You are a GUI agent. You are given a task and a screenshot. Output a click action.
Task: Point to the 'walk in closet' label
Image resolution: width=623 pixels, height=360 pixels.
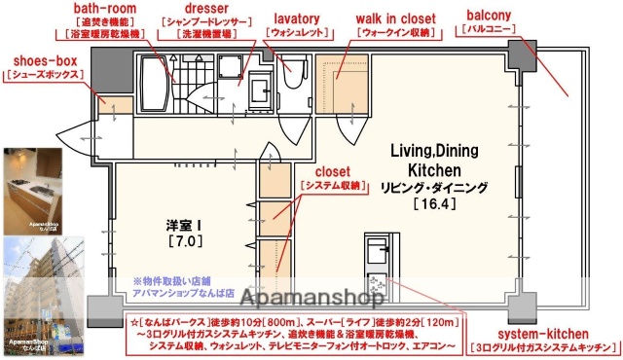point(396,16)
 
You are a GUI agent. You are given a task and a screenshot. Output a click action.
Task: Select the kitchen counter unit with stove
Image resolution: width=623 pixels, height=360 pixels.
point(375,259)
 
